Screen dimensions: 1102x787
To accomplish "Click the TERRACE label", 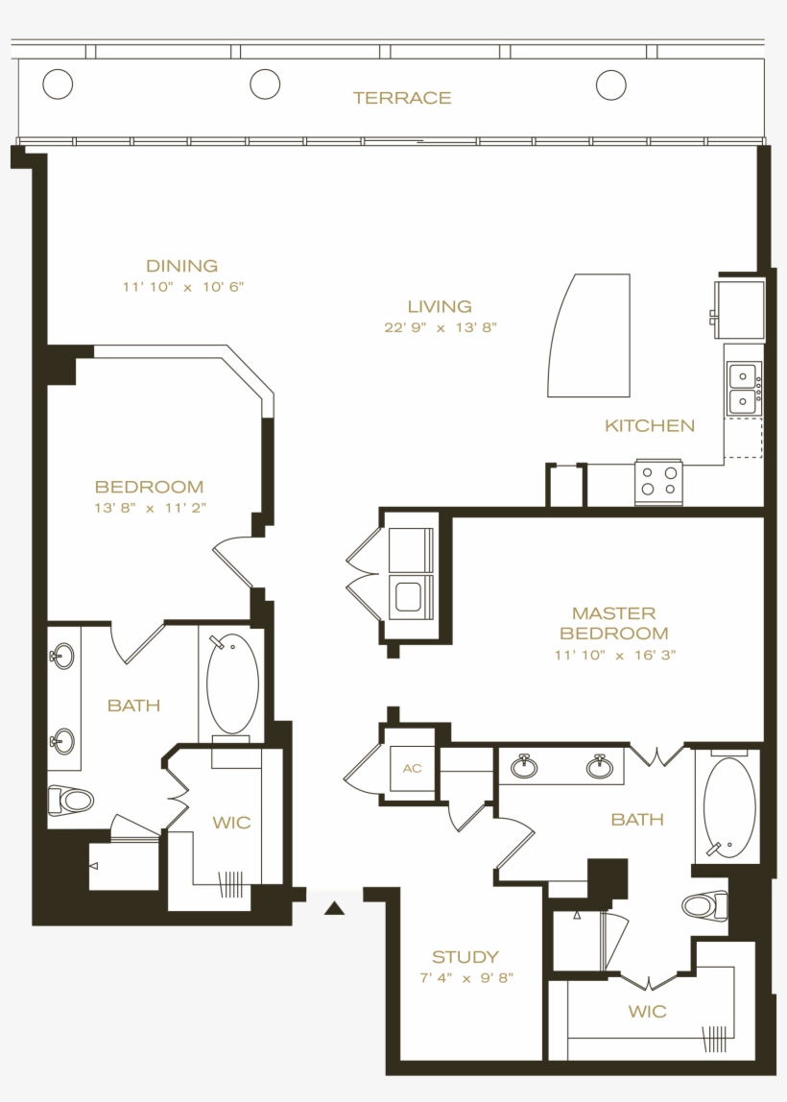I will coord(401,98).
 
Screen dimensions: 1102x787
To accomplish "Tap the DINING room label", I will coord(181,266).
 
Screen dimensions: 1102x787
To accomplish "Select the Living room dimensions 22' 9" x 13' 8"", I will coord(440,327).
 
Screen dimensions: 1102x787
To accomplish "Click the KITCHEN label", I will coord(650,425).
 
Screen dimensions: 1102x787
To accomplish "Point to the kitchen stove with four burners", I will coord(658,481).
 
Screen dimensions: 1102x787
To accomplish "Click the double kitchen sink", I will coord(744,388).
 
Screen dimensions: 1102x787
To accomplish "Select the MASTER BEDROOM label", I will coord(614,623).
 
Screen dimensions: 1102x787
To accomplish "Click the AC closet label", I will coord(412,769).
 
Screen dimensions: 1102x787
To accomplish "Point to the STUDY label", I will coord(465,957).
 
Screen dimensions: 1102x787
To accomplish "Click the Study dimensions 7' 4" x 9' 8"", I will coord(466,978).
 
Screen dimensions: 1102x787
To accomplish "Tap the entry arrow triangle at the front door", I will coord(334,907).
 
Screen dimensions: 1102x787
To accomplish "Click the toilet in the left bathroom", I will coord(72,798).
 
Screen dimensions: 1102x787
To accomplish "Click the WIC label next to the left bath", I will coord(231,823).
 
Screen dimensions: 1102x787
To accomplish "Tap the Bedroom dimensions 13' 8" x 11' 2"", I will coord(150,508).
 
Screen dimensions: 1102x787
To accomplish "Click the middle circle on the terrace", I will coord(265,84).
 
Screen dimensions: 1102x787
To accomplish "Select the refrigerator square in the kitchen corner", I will coord(740,308).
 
